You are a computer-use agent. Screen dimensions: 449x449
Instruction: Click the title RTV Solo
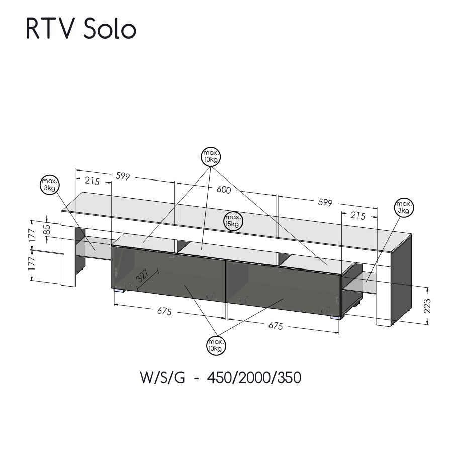(81, 30)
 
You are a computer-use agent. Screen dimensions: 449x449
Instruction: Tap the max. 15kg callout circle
(233, 220)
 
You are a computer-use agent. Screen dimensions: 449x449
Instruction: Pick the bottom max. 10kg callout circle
(216, 345)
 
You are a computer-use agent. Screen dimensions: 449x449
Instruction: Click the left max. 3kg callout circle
(49, 184)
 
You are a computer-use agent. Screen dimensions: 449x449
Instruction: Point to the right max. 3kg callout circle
(404, 207)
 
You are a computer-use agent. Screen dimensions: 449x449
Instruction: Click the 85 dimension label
(46, 230)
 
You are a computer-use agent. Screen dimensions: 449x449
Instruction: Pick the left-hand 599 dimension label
(123, 176)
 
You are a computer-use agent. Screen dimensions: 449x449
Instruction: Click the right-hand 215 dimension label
(357, 215)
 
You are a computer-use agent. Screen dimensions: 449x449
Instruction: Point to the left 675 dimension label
(164, 312)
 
